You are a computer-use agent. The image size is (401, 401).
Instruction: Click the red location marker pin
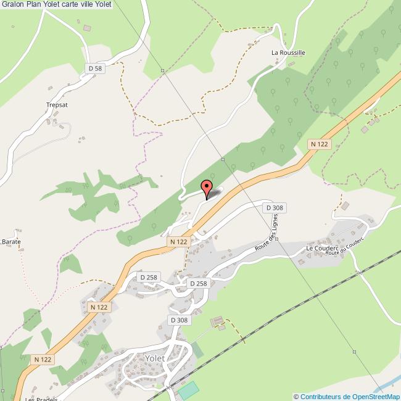coord(207,188)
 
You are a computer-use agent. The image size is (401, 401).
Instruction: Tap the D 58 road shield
coord(94,68)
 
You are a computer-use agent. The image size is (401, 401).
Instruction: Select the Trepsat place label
coord(56,105)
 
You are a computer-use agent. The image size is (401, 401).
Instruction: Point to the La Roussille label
coord(288,53)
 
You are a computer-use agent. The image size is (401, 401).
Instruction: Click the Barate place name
coord(11,242)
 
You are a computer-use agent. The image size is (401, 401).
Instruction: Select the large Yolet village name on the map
coord(154,359)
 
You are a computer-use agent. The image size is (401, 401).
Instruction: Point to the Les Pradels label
coord(41,399)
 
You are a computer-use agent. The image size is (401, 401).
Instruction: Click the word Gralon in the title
coord(12,4)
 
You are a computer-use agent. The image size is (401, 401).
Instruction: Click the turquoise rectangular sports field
coord(189,391)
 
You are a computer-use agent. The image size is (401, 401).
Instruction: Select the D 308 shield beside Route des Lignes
coord(275,208)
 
